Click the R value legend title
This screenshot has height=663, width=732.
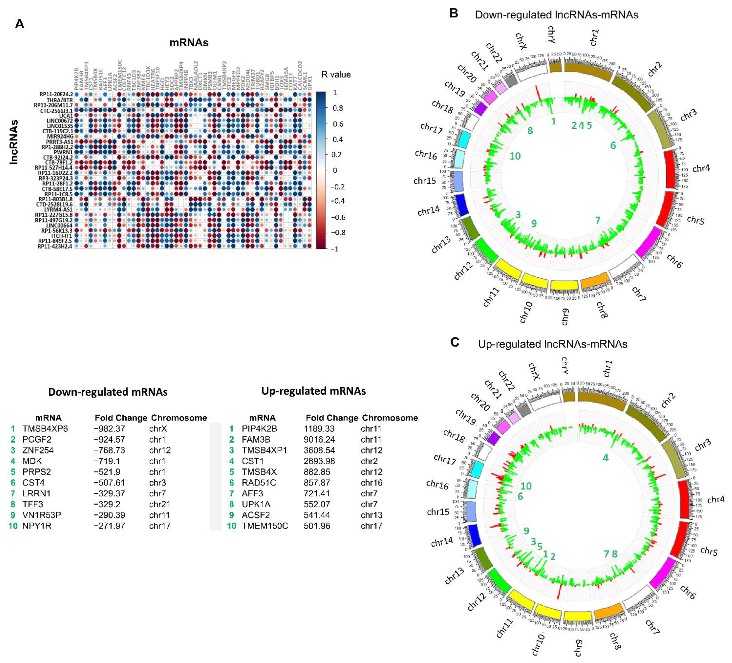coord(336,75)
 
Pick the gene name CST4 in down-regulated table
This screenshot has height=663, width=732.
coord(34,483)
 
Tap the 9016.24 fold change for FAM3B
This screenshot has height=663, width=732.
coord(319,440)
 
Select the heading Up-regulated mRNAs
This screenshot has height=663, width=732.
coord(313,391)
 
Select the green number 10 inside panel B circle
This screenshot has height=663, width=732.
coord(515,156)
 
